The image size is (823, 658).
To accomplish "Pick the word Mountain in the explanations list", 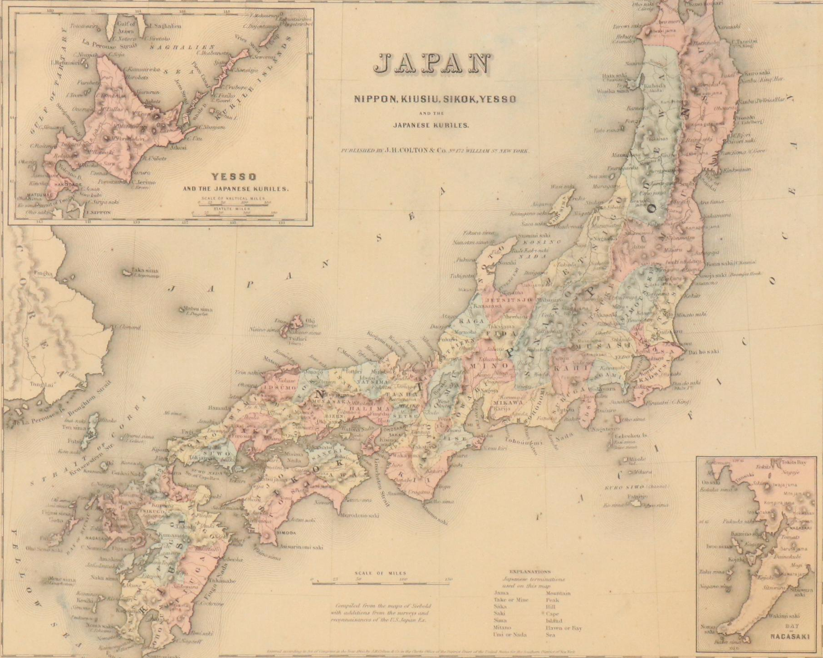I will pyautogui.click(x=558, y=593).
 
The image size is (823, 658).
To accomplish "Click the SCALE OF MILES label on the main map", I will pyautogui.click(x=380, y=574).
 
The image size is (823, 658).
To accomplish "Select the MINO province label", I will pyautogui.click(x=482, y=366).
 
